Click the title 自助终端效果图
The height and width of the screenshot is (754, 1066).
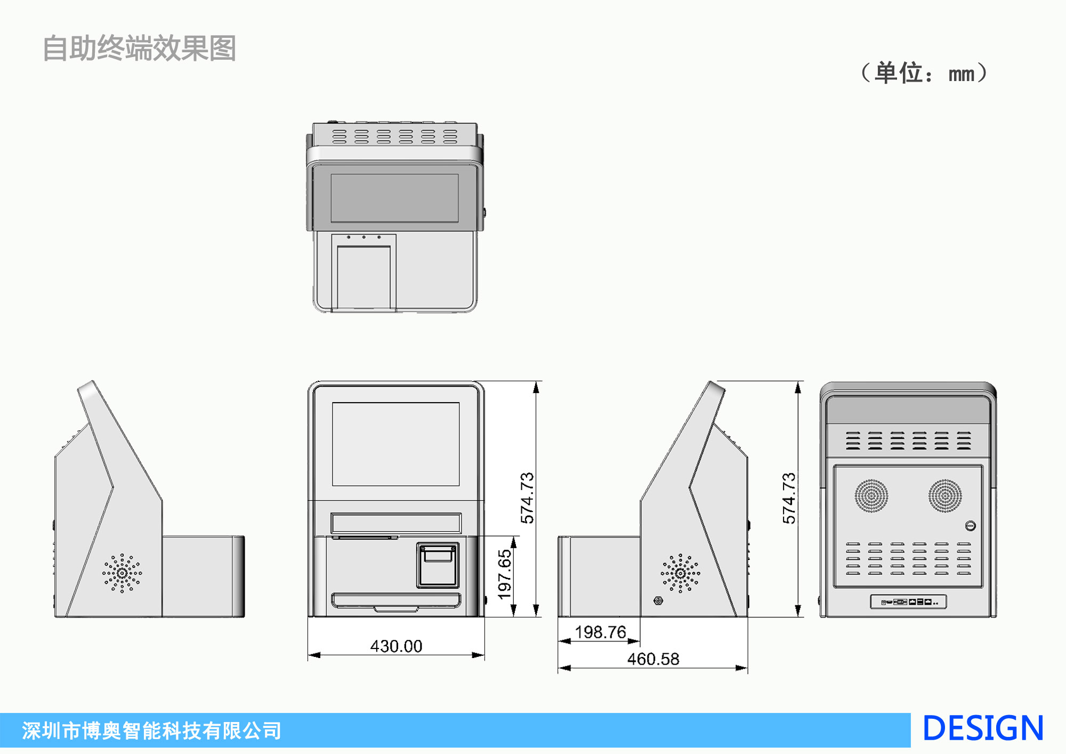click(139, 49)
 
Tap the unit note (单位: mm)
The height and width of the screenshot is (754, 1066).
click(924, 73)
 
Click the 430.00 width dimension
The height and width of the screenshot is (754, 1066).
click(396, 646)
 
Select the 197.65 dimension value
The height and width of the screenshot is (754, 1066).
click(504, 575)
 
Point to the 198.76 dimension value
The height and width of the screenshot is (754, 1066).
click(600, 632)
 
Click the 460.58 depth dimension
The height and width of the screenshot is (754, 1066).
click(653, 659)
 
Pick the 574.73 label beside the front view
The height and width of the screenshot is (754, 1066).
click(527, 498)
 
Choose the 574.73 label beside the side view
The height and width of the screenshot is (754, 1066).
click(789, 498)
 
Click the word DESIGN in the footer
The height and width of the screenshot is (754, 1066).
click(982, 729)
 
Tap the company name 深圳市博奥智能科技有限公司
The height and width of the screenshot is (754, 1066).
click(151, 731)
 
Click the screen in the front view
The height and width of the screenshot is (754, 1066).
click(395, 444)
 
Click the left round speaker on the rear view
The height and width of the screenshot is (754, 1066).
click(871, 495)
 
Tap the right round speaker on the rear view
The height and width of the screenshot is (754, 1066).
click(945, 495)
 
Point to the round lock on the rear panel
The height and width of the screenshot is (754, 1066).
click(970, 526)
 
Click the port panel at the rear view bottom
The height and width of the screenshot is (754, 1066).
click(908, 602)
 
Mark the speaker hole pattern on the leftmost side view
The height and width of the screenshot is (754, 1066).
click(122, 573)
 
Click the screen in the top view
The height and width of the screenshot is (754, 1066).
click(394, 198)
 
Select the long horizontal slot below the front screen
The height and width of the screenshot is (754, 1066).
click(395, 523)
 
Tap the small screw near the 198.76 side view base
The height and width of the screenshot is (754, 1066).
click(658, 601)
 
